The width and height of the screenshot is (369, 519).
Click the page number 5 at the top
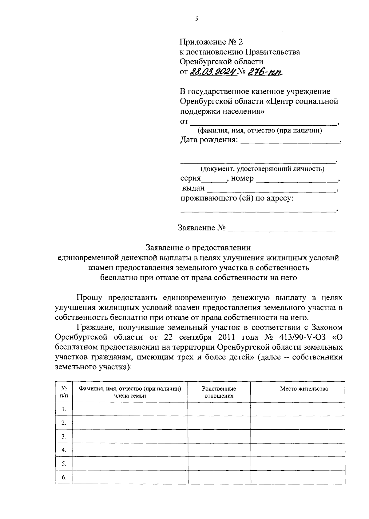pos(196,19)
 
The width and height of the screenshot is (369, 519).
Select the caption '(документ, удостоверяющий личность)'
pos(262,169)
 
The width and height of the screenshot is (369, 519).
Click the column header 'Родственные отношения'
pos(219,392)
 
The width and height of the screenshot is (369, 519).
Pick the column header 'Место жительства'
pos(304,389)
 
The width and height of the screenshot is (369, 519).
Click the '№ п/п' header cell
pos(64,392)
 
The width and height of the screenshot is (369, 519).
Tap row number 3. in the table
pos(64,436)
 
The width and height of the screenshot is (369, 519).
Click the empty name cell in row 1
pos(130,409)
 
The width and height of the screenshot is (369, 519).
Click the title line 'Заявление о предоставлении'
pos(198,248)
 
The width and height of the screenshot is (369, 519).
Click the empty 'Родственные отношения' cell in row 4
pos(219,450)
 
